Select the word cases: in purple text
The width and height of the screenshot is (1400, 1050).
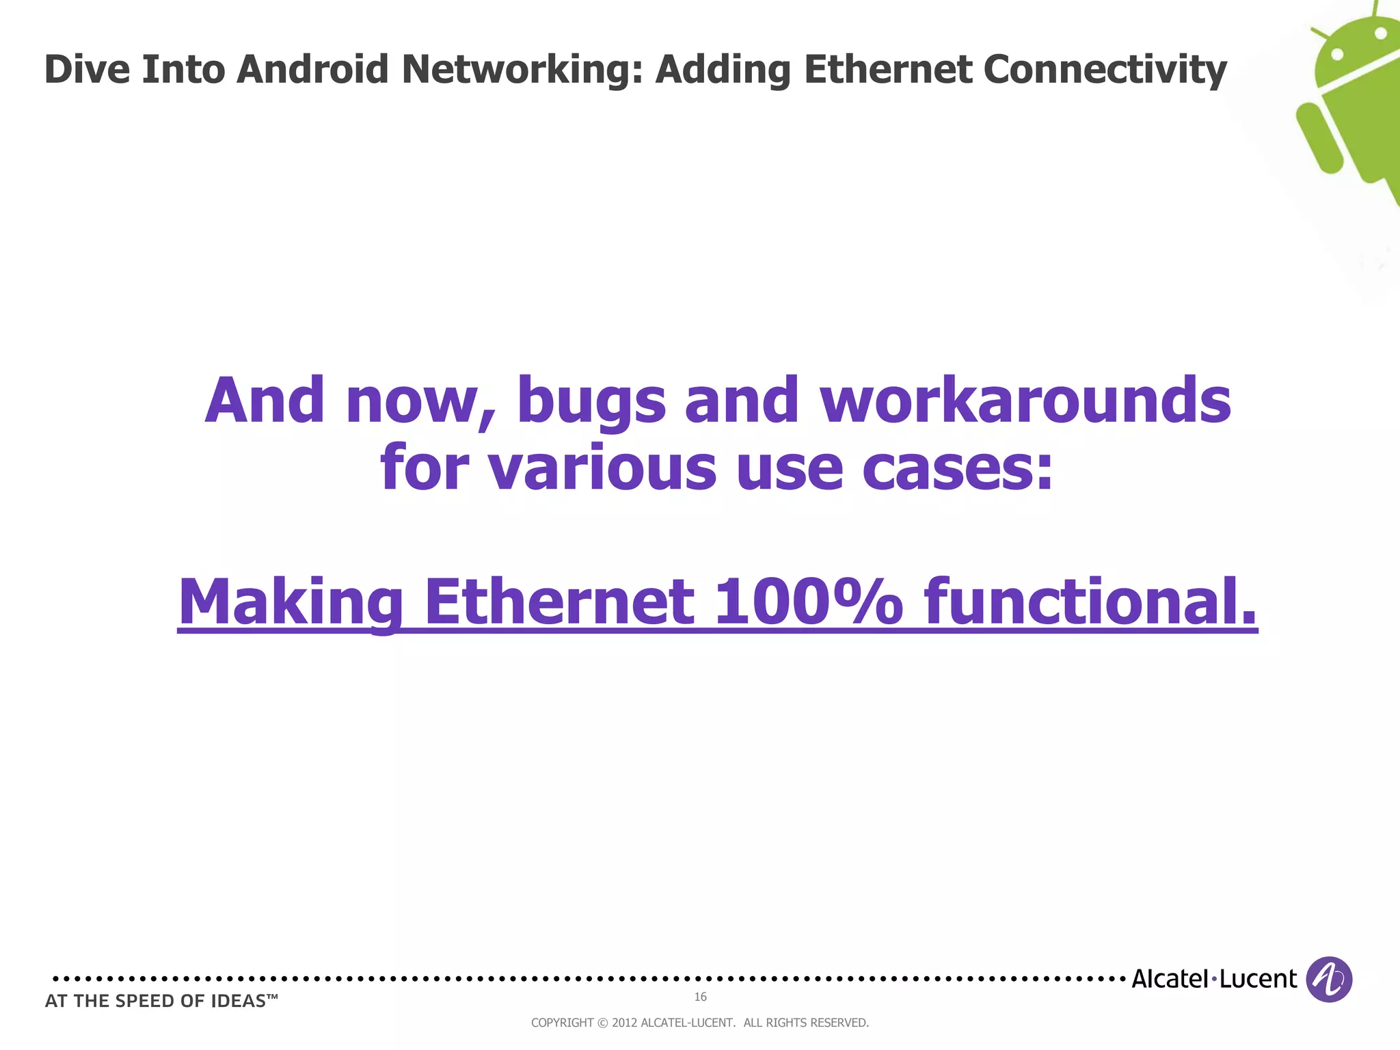pos(958,468)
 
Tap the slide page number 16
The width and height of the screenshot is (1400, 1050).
pos(700,997)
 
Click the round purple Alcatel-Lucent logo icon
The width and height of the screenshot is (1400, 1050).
pos(1328,979)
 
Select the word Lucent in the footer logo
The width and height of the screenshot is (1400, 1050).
pos(1258,979)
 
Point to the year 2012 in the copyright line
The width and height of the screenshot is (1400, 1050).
pos(624,1023)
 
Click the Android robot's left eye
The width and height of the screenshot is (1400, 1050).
pos(1338,53)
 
